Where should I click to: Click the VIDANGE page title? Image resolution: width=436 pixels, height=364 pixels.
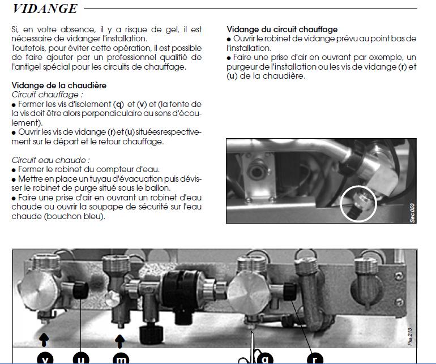[45, 8]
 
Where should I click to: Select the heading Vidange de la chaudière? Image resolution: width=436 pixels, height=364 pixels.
[59, 85]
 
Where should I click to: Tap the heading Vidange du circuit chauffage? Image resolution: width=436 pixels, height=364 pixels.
[282, 29]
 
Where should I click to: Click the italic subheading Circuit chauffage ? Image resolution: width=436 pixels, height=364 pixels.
[47, 95]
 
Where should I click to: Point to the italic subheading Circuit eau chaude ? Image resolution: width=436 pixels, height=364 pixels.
[50, 160]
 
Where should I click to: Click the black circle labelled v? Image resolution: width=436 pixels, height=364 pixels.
[45, 358]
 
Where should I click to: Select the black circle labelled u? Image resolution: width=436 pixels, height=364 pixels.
[80, 358]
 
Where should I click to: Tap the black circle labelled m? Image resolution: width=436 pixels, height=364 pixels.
[121, 358]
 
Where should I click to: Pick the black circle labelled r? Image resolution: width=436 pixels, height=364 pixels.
[315, 358]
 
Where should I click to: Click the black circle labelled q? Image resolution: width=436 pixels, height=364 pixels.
[265, 358]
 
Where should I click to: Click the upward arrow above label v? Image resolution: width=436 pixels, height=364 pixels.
[44, 340]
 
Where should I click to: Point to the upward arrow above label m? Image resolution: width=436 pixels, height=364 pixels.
[120, 341]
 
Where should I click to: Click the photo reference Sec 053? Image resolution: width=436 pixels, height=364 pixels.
[412, 213]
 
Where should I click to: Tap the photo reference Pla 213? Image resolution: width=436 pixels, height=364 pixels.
[410, 336]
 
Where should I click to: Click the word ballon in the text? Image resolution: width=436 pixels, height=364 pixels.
[157, 188]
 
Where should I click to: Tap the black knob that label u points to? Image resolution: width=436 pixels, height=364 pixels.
[80, 290]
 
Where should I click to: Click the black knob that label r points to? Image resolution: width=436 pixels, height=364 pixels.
[289, 291]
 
